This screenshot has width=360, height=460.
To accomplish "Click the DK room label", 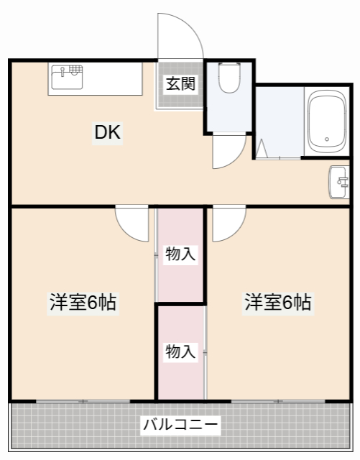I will [x=109, y=133].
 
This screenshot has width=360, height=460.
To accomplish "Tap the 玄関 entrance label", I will [x=180, y=83].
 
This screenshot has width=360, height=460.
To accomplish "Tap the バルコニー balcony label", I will [x=180, y=425].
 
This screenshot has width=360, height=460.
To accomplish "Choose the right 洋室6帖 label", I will [x=278, y=303].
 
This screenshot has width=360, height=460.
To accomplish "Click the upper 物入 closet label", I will [x=180, y=254].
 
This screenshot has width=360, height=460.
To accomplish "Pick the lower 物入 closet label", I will [x=180, y=351].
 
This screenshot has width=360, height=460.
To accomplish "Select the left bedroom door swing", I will [x=134, y=224].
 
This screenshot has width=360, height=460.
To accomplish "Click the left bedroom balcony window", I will [x=83, y=400].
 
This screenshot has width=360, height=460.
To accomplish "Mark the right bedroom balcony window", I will [x=278, y=400].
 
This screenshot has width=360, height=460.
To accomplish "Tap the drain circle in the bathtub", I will [x=328, y=140].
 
